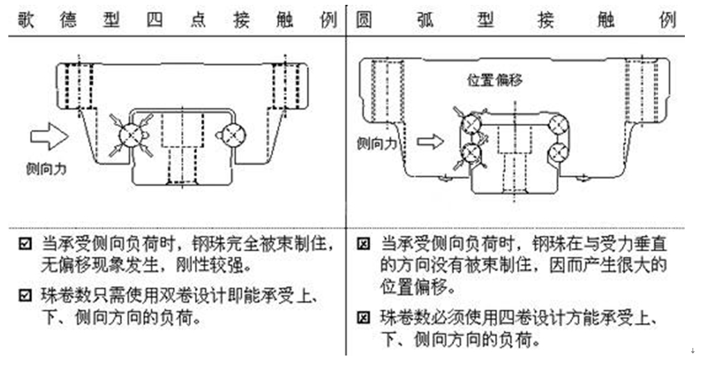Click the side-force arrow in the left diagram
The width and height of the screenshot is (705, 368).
pos(49,135)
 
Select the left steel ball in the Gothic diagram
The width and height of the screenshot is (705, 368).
pos(132,134)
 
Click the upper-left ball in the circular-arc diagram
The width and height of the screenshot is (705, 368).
pos(471,123)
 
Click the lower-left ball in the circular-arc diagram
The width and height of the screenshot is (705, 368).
pos(471,152)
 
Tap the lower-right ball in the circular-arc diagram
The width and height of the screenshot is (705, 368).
pos(559,151)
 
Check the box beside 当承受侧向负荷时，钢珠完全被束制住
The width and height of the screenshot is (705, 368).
pos(26,245)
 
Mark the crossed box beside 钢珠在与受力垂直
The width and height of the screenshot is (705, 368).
pos(363,245)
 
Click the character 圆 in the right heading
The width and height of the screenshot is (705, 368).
pos(363,19)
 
